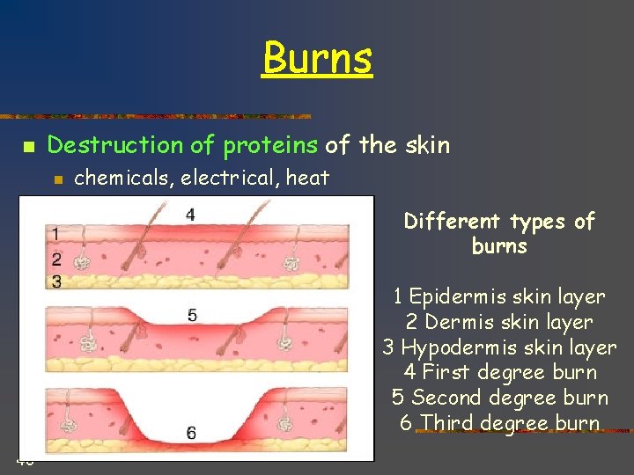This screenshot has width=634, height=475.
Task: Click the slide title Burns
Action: (317, 59)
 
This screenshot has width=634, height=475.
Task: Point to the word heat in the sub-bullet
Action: (307, 179)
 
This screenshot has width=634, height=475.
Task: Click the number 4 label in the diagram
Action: (190, 215)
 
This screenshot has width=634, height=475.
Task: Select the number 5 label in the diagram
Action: (192, 315)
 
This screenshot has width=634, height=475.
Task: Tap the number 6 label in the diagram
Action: (191, 432)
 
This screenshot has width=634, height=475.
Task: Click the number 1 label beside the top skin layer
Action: (56, 234)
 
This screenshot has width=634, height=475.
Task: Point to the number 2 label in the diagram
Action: (56, 259)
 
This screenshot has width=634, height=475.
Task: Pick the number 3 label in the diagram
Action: (56, 281)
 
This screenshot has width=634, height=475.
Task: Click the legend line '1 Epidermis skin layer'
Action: (499, 296)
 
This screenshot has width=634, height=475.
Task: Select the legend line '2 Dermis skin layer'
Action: (499, 322)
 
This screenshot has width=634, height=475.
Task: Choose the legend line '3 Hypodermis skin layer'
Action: (499, 347)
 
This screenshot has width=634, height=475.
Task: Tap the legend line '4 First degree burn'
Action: (499, 372)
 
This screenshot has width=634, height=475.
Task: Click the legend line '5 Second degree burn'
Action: (499, 398)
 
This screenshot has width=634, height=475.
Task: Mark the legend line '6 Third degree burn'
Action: (499, 423)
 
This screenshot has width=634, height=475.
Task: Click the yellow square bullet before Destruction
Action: (28, 146)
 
